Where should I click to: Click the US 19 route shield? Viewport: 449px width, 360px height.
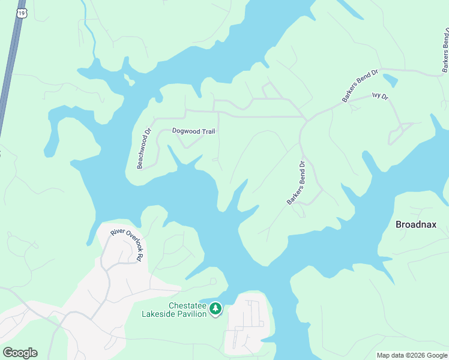coord(22,13)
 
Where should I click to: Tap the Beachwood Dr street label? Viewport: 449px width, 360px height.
coord(143,148)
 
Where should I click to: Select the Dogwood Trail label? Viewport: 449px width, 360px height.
coord(193,131)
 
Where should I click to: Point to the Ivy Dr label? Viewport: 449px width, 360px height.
coord(380,95)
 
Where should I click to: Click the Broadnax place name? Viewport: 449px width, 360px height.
coord(415,224)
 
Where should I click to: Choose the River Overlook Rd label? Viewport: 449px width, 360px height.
coord(127,245)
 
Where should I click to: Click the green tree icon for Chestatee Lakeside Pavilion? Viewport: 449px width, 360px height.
coord(215,309)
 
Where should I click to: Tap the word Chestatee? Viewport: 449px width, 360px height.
coord(187,305)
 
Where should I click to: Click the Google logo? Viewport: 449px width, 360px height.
coord(20,353)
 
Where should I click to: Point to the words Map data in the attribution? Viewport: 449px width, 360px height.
coord(390,355)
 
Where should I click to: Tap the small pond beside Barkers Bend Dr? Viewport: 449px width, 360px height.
coord(390,80)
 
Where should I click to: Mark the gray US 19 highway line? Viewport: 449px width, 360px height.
coord(8,72)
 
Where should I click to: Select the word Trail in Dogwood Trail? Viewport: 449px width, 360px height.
coord(205,131)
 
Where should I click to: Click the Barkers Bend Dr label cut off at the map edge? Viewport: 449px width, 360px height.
coord(445,48)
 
